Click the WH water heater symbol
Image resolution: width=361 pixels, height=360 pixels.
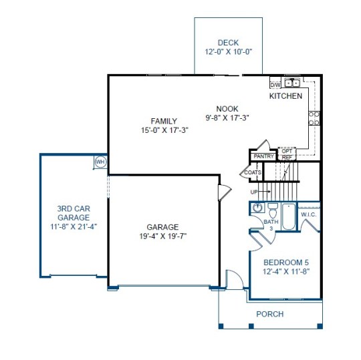[100, 162]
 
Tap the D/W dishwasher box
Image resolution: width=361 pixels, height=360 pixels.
[275, 85]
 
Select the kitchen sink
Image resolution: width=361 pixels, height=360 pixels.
[292, 83]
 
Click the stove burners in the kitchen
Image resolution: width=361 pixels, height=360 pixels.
[314, 118]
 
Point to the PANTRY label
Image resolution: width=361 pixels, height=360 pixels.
[263, 156]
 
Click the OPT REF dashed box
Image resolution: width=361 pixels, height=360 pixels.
[287, 154]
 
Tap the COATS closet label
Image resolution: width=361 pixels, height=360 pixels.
[253, 172]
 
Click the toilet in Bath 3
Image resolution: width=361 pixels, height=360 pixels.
[273, 210]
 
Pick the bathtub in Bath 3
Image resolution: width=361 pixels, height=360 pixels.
[289, 216]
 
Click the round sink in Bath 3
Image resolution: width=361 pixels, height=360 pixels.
[257, 208]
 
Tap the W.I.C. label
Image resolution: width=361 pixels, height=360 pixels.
[309, 214]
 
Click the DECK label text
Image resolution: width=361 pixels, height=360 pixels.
[228, 43]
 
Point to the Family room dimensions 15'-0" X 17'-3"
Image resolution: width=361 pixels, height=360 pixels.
[164, 130]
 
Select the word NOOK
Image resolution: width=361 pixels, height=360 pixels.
[227, 109]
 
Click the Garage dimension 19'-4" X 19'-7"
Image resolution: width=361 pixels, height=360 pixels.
[162, 236]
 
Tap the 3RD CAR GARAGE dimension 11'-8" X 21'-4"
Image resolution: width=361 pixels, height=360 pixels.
[74, 226]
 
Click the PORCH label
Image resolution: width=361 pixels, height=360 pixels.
[270, 314]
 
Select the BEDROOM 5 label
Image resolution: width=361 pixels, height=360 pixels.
[286, 262]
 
